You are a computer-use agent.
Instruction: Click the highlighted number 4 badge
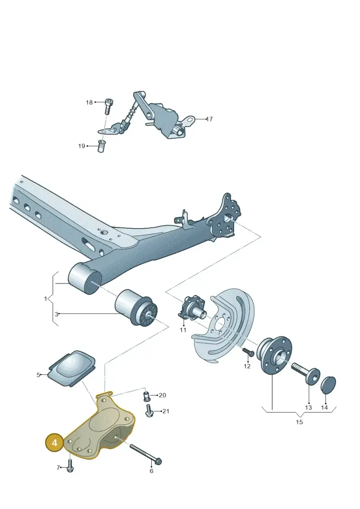pos(54,442)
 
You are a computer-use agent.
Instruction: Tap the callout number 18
pos(89,103)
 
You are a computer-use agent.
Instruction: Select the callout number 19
pos(81,146)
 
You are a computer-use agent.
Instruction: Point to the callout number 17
pos(209,119)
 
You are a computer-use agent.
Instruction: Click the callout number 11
pos(183,330)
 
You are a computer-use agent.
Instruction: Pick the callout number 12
pos(247,366)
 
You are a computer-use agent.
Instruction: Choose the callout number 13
pos(308,407)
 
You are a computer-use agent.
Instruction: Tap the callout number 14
pos(324,407)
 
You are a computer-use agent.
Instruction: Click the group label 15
pos(299,422)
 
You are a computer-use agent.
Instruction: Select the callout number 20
pos(162,395)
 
